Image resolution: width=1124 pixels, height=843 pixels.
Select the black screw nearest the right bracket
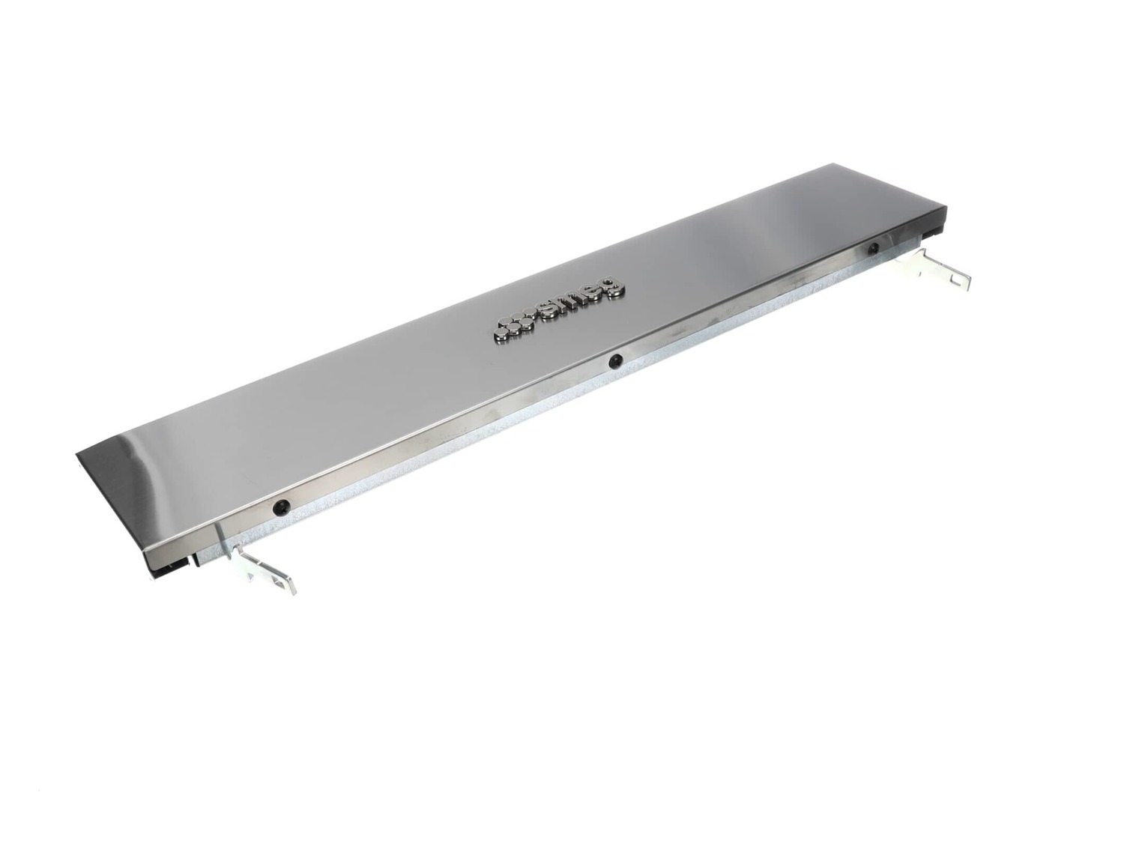click(x=873, y=249)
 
